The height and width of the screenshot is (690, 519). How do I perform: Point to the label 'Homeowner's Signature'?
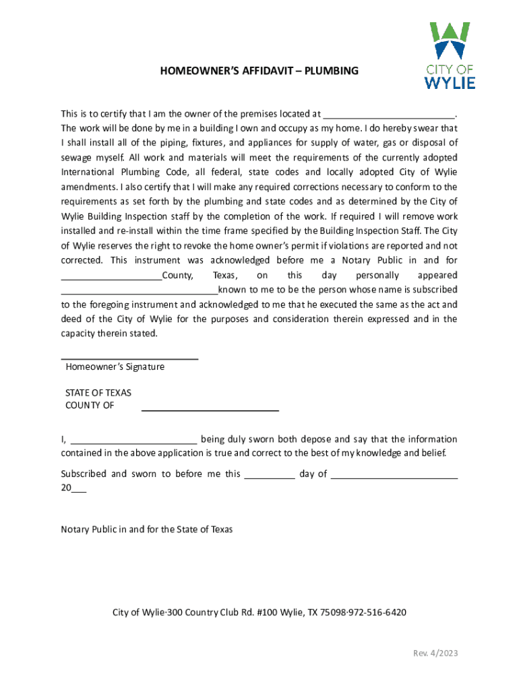coord(115,367)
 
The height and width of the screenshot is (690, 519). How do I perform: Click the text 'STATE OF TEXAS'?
coord(98,393)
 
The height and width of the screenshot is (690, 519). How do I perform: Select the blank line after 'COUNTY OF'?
coord(210,410)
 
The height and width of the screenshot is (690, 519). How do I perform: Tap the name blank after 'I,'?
coord(133,441)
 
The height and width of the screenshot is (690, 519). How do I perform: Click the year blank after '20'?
coord(79,491)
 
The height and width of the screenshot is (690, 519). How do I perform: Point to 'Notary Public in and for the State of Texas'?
coord(147,530)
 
